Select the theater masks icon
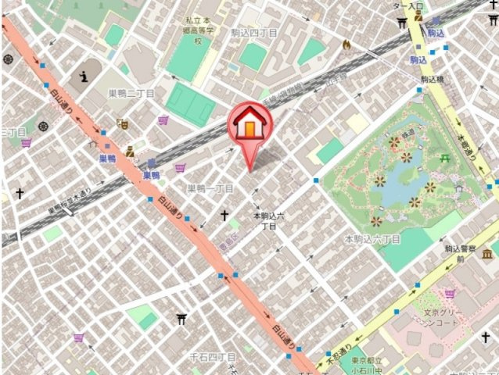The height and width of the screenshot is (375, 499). click(x=121, y=123)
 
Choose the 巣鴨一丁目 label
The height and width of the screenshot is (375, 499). click(x=210, y=189)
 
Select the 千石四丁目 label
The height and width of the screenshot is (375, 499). click(x=213, y=357)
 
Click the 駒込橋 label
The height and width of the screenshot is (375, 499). click(x=433, y=80)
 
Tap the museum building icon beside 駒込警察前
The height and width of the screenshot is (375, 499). click(x=488, y=253)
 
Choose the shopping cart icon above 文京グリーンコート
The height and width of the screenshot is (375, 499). click(x=450, y=294)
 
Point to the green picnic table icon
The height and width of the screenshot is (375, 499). click(x=445, y=159)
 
